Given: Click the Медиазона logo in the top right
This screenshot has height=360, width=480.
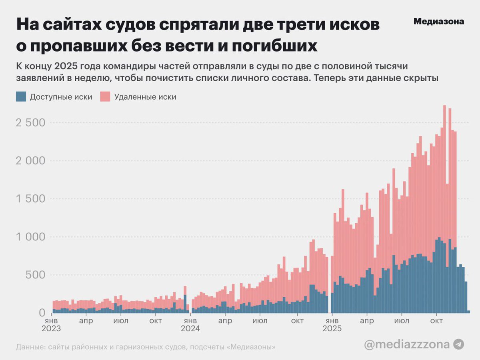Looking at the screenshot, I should [x=438, y=22].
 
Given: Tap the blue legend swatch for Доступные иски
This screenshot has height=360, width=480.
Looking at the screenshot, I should [x=21, y=97].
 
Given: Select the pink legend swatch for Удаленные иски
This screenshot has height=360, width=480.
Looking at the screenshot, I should [x=105, y=97].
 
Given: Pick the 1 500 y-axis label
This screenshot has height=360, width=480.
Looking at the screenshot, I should [x=30, y=199].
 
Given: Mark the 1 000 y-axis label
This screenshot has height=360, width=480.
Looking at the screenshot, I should [x=30, y=237].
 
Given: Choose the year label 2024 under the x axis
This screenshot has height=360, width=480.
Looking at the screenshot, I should [x=190, y=329].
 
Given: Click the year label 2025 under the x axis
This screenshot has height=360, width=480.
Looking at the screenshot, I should [x=332, y=329].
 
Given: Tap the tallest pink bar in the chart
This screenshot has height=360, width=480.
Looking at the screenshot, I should [x=444, y=160].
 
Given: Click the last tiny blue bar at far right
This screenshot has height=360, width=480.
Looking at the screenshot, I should [x=468, y=312].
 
